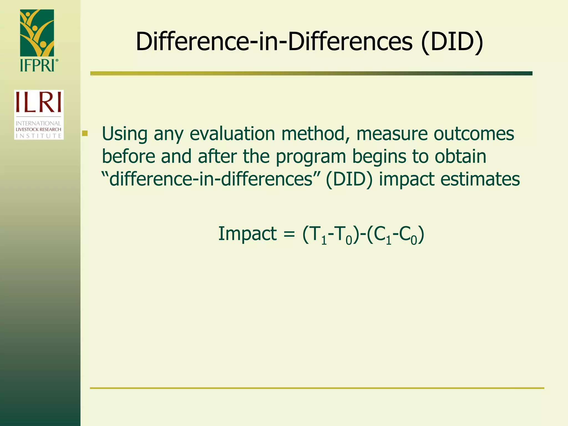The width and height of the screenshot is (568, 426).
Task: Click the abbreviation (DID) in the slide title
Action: point(452,42)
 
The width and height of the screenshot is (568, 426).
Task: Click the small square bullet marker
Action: point(85,134)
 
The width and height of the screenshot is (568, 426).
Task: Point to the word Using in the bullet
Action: point(125,134)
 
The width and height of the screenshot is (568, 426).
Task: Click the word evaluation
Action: point(232,134)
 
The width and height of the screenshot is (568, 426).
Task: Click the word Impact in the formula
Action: point(247,234)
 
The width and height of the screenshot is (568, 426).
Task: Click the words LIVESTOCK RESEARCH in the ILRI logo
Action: point(39,130)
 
